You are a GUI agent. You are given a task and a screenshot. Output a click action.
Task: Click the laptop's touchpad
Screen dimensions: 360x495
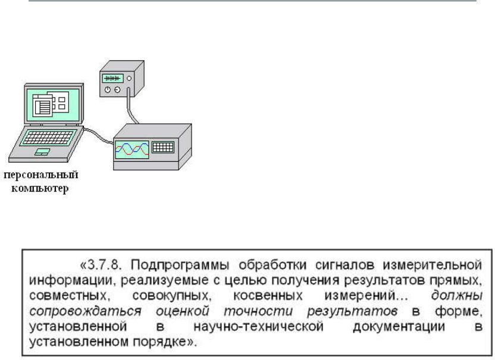click(x=41, y=153)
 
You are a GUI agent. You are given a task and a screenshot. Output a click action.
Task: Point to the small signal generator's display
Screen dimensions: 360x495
click(x=113, y=78)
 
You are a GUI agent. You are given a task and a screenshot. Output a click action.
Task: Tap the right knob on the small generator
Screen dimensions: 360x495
click(x=117, y=90)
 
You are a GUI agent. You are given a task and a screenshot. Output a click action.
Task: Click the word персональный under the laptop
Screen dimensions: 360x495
click(x=42, y=176)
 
